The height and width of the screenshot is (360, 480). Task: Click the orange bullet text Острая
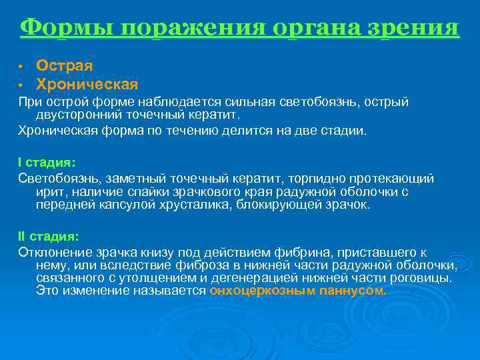[64, 66]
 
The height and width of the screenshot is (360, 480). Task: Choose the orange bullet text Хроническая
[87, 85]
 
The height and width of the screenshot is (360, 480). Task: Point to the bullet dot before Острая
[21, 67]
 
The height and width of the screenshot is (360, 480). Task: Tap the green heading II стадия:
[48, 236]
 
